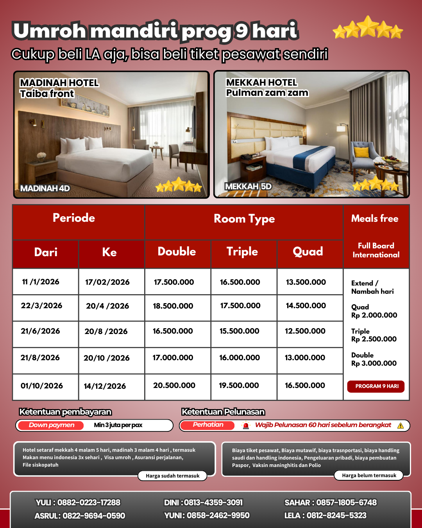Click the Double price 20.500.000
coord(174,385)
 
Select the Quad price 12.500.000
coord(305,331)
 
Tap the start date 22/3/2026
coord(41,305)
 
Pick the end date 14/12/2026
coord(105,386)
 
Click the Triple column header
coord(242,251)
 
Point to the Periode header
coord(74,218)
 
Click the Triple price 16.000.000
coord(240,357)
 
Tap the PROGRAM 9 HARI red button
coord(376,386)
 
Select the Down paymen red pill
coord(51,425)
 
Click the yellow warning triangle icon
coord(401,426)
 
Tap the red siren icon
coord(246,426)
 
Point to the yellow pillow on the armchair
coord(361,152)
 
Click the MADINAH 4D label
coord(45,189)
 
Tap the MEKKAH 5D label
coord(248,186)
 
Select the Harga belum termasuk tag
coord(369,476)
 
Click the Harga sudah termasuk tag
coord(172,476)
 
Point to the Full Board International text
coord(376,250)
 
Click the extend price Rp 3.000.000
coord(374,363)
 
